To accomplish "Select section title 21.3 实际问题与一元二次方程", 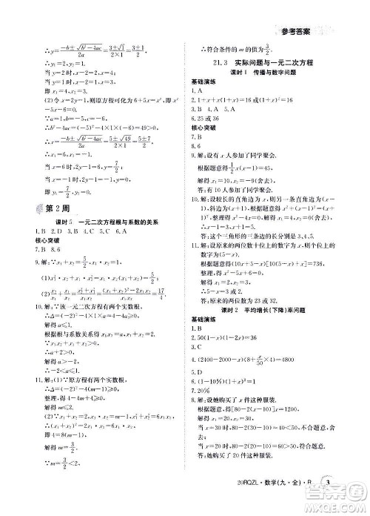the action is click(255, 65).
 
